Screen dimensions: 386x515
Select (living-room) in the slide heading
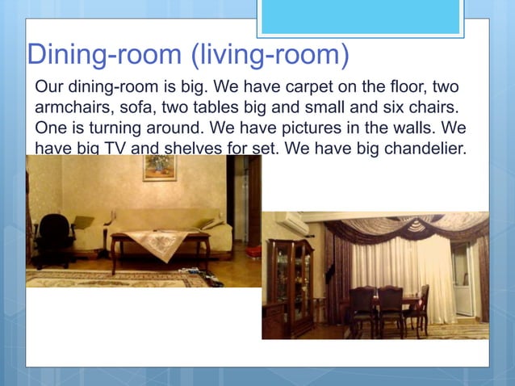tap(270, 55)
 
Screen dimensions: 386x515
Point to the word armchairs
tap(73, 107)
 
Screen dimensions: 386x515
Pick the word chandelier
tap(426, 149)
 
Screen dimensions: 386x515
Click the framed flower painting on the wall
tap(160, 167)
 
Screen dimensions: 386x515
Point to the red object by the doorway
tap(253, 251)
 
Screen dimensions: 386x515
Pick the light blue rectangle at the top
tap(360, 16)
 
